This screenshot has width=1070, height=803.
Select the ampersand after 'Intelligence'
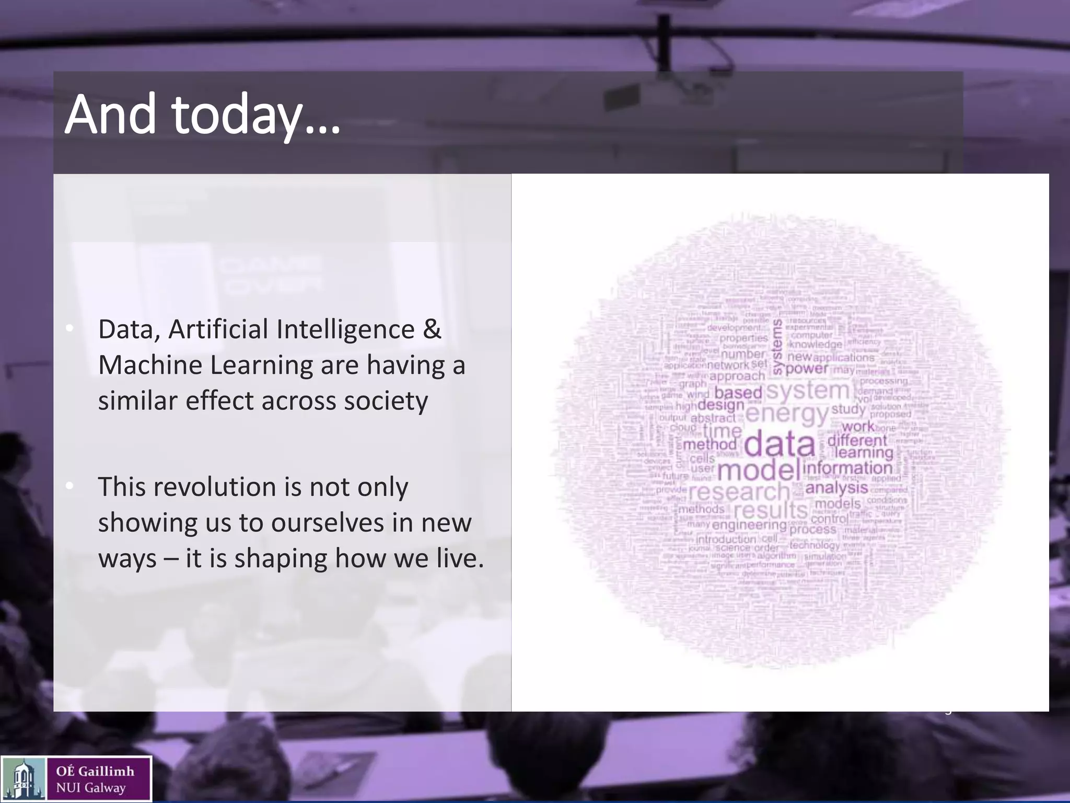[432, 329]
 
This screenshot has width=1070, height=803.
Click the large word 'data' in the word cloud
[779, 444]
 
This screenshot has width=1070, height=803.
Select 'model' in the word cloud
[758, 470]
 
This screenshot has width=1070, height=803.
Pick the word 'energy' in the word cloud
[787, 414]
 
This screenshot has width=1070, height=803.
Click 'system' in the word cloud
[808, 390]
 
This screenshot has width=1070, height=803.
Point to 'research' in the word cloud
[739, 491]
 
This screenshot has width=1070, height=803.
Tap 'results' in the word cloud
[771, 510]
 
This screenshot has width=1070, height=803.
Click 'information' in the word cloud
[847, 468]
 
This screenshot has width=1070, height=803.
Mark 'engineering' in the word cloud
[749, 524]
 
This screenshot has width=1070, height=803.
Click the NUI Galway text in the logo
[91, 788]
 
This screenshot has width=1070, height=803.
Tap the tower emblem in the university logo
[24, 779]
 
